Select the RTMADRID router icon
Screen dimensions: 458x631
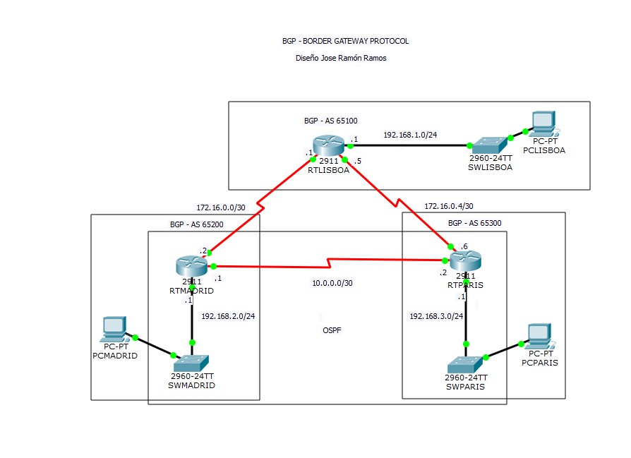(192, 265)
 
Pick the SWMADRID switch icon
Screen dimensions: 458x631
(191, 363)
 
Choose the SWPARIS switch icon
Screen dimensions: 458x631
(465, 364)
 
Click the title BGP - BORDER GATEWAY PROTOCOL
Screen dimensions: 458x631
(345, 41)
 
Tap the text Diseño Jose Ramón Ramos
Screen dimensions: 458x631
(341, 59)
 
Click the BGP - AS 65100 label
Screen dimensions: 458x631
(330, 121)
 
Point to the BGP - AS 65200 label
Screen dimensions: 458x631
(196, 224)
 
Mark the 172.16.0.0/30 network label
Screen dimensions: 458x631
(220, 207)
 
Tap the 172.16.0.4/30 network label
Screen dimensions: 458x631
(448, 206)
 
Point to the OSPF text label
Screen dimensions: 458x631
(331, 330)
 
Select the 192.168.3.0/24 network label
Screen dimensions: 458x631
(435, 315)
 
